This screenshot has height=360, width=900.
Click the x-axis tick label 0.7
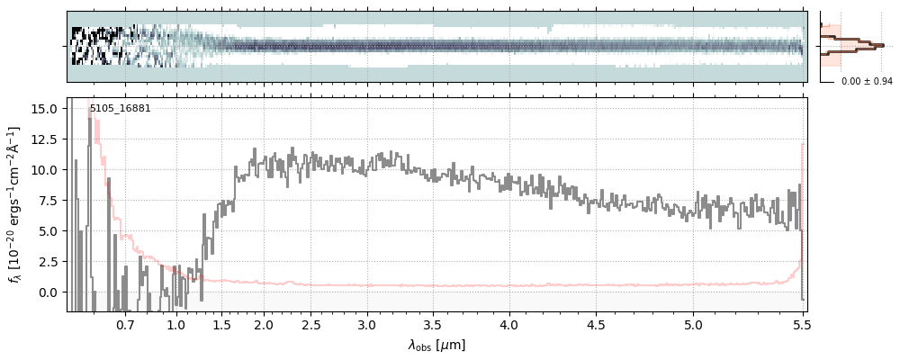tap(125, 324)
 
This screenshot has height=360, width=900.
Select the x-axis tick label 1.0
tap(176, 324)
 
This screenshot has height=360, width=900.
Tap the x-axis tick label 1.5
tap(220, 324)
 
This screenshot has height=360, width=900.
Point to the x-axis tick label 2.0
tap(264, 324)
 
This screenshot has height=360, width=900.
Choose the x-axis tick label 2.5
tap(311, 324)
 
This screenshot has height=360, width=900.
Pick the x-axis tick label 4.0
tap(509, 324)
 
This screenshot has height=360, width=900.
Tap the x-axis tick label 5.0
tap(693, 324)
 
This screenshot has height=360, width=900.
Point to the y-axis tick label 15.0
tap(46, 108)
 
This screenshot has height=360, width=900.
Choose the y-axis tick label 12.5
tap(46, 139)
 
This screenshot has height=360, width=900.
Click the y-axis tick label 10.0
tap(46, 169)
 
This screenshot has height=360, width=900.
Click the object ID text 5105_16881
tap(120, 109)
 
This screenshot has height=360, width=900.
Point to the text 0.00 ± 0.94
tap(867, 82)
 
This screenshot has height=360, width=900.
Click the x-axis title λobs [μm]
tap(436, 345)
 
